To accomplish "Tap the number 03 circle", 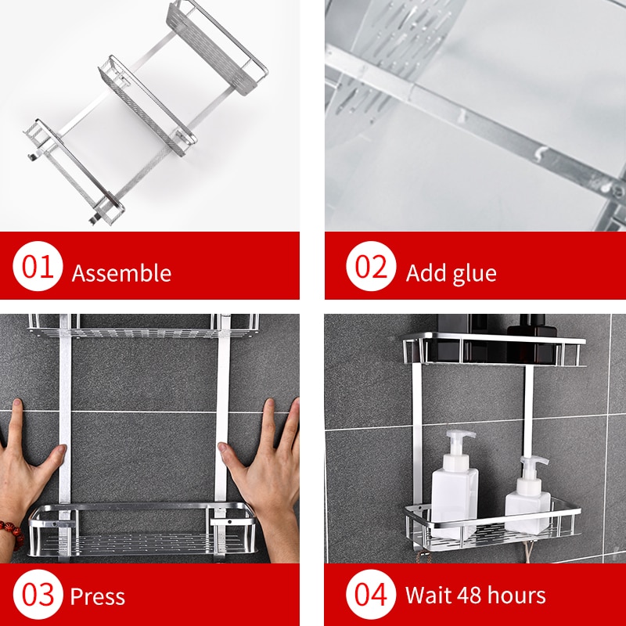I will point(38,595).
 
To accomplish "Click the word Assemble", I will point(121,273).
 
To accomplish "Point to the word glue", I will point(473,273).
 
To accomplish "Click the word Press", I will point(98,597).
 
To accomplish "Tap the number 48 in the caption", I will point(467,595).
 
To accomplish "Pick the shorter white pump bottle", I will point(527,497).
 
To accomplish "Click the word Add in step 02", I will point(424,273).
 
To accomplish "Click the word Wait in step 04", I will point(426,595).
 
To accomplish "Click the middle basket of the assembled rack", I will point(149,106).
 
